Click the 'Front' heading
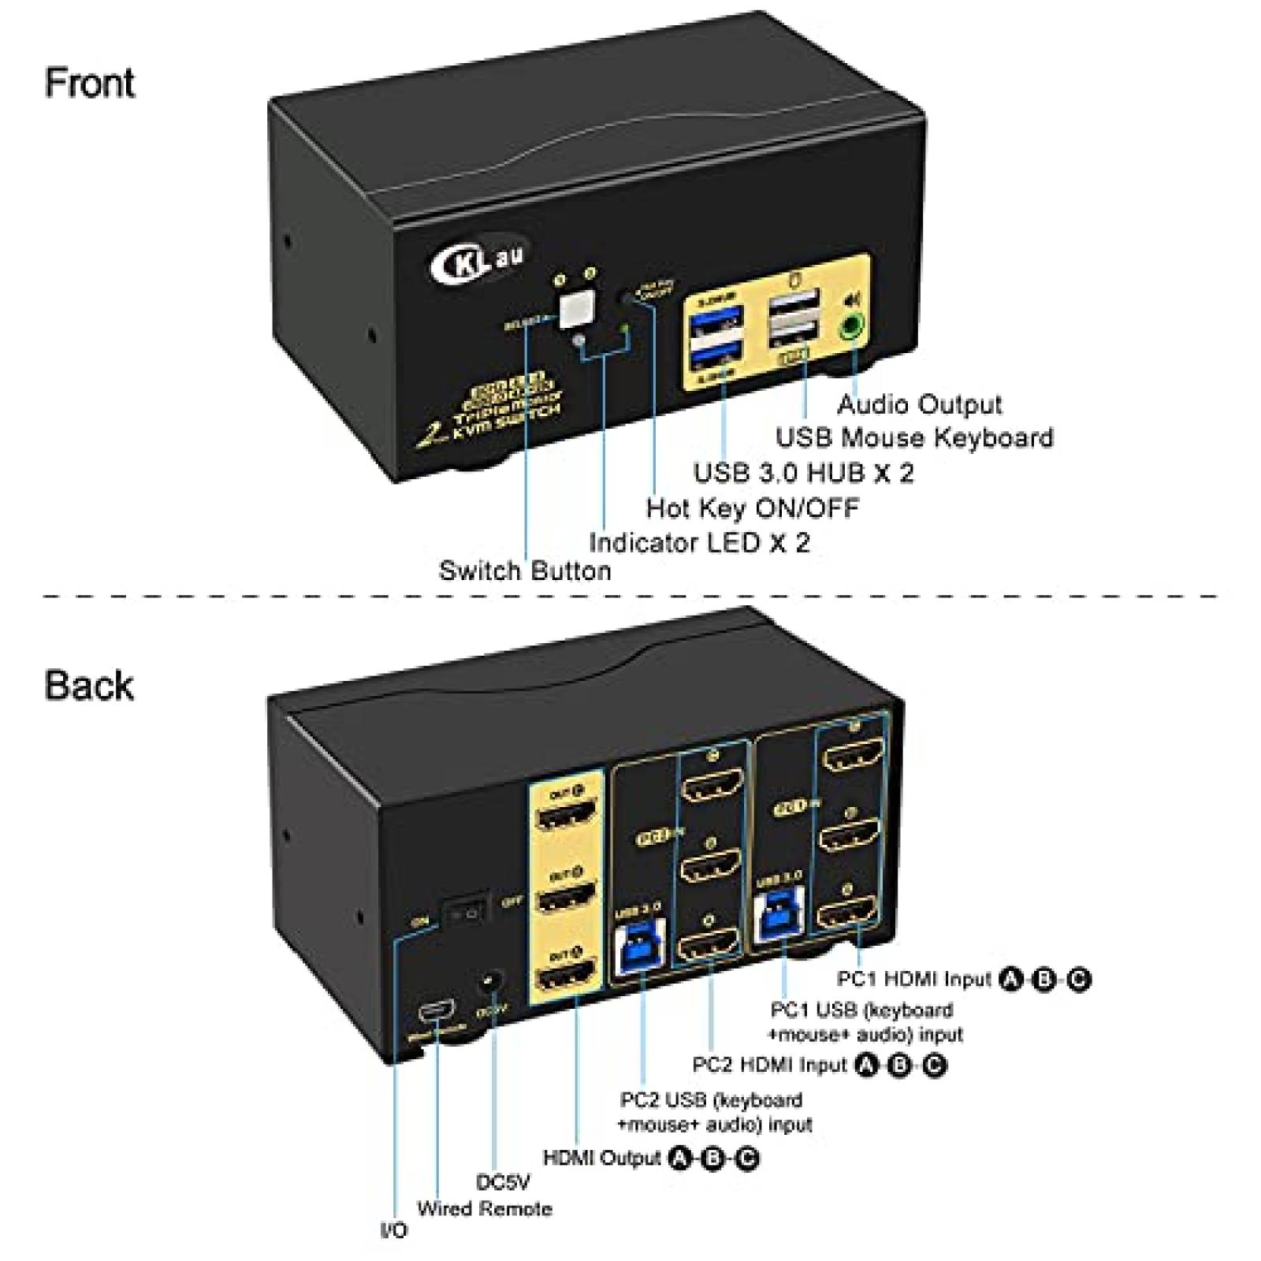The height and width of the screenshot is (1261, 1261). coord(89,84)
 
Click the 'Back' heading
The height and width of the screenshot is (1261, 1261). coord(89,685)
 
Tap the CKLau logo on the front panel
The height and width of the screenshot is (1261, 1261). coord(478,262)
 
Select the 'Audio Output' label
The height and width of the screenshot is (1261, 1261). coord(919,404)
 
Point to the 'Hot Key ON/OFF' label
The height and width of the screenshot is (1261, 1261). coord(753,508)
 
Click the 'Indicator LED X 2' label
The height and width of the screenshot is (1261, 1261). coord(699,543)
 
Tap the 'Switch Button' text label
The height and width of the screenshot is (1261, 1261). coord(525,571)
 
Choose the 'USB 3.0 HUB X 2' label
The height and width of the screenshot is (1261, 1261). coord(803,473)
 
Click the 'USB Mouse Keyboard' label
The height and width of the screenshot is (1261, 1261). coord(914,437)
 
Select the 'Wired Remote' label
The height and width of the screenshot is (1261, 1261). coord(485,1208)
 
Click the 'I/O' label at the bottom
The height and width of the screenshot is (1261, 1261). coord(394,1230)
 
